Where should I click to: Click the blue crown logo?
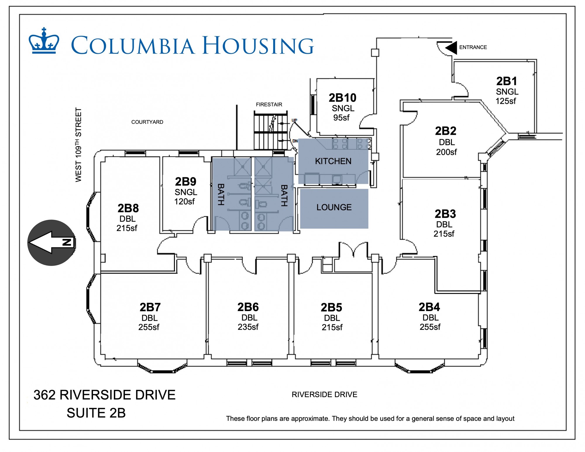tap(44, 41)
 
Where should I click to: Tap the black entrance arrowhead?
tap(451, 47)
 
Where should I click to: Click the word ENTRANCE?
tap(473, 47)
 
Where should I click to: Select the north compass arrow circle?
tap(51, 243)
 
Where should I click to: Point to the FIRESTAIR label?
tap(269, 104)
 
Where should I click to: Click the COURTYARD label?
tap(147, 122)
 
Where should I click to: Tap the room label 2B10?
tap(343, 98)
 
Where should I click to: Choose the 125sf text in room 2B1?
tap(506, 101)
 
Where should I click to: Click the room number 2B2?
tap(445, 131)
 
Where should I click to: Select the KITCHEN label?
tap(333, 161)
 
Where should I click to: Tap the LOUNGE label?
tap(334, 207)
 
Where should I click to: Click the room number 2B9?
tap(185, 182)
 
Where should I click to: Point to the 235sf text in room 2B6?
tap(248, 327)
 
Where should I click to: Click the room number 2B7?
tap(150, 307)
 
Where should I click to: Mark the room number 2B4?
tap(429, 307)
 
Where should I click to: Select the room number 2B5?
tap(331, 308)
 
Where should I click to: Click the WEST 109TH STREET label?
tap(78, 145)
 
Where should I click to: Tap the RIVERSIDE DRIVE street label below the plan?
tap(324, 395)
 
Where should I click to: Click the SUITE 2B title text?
tap(96, 413)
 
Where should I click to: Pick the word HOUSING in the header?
tap(258, 46)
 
